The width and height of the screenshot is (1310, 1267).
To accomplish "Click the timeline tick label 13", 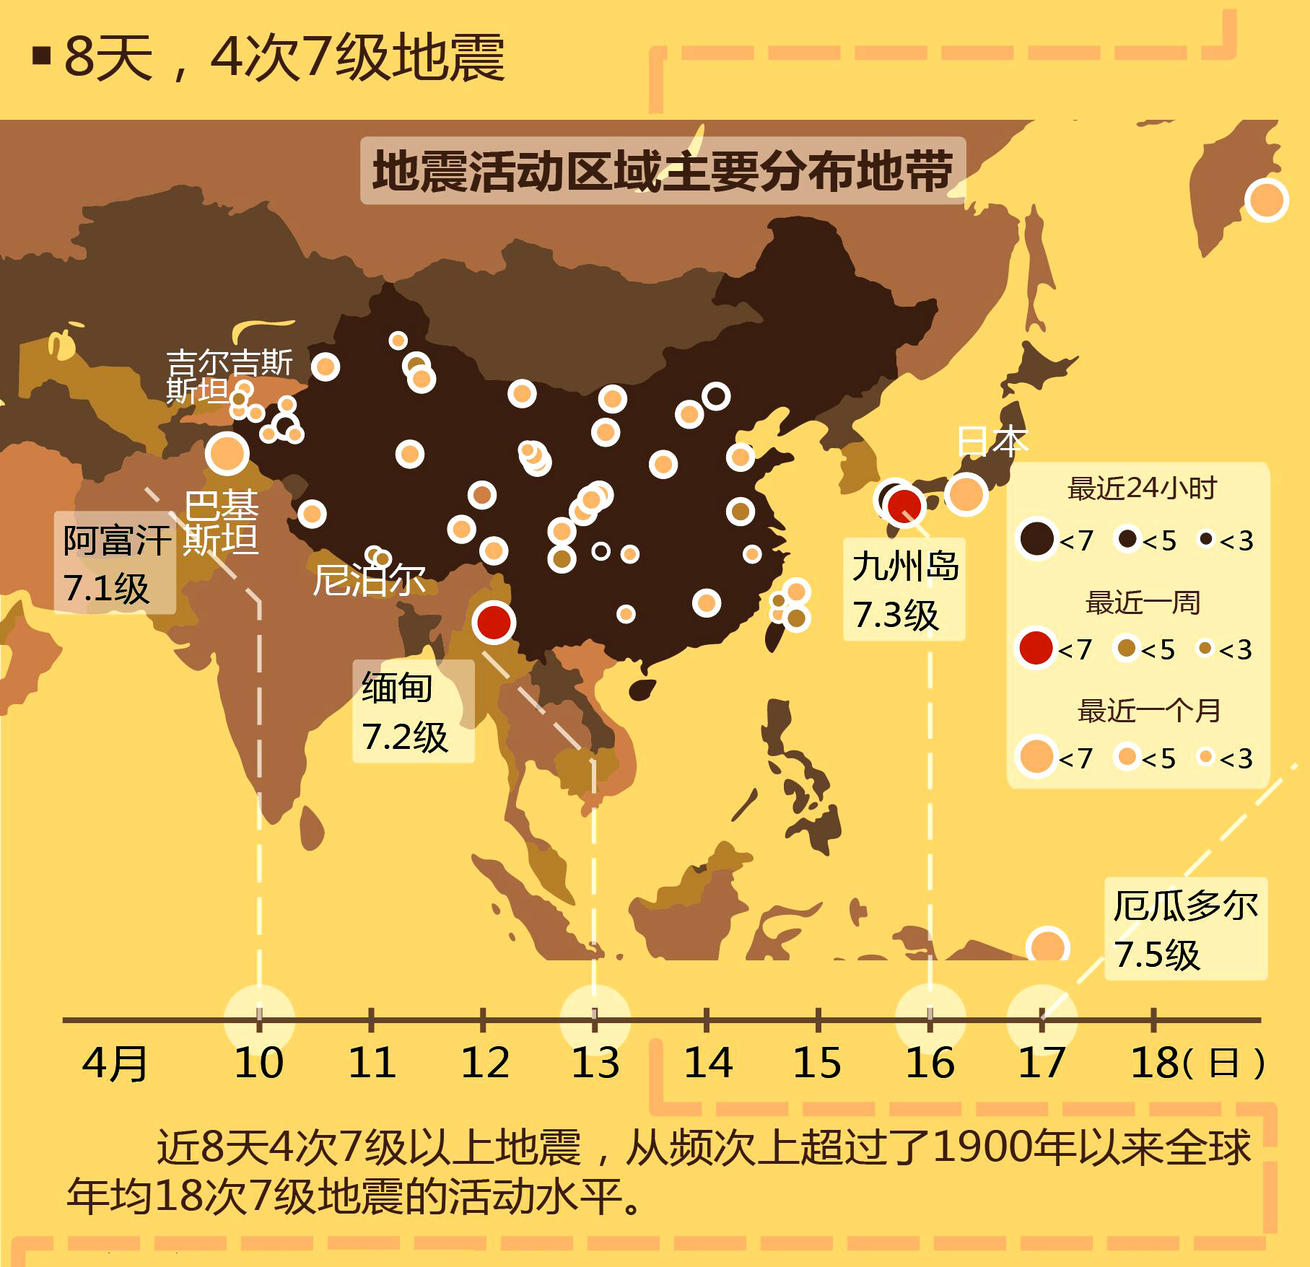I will pos(595,1063).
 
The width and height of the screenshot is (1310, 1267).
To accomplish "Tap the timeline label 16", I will pos(930,1063).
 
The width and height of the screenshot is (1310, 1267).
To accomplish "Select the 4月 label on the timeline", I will pos(115,1064).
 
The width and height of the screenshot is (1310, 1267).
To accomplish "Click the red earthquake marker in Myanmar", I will pos(494,622).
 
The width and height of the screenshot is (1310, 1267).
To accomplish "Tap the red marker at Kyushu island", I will pos(904,505).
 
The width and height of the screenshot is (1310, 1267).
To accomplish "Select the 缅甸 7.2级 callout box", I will pos(413,711).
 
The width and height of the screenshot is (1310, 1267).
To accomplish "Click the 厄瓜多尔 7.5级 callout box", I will pos(1185,929).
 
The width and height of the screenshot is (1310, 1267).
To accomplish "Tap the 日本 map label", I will pos(992,441).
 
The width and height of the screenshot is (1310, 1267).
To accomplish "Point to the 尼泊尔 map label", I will pos(369,579).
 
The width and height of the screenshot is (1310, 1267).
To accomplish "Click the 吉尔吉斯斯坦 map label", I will pos(228,376).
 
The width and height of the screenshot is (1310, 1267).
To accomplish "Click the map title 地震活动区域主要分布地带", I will pos(663,171).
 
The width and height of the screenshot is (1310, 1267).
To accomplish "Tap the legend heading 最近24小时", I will pos(1142,488).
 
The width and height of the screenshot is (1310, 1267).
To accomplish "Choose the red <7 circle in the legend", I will pos(1036,648).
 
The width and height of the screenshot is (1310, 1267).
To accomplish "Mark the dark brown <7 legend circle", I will pos(1036,538).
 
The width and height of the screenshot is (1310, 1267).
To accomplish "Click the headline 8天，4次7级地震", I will pos(284,58).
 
